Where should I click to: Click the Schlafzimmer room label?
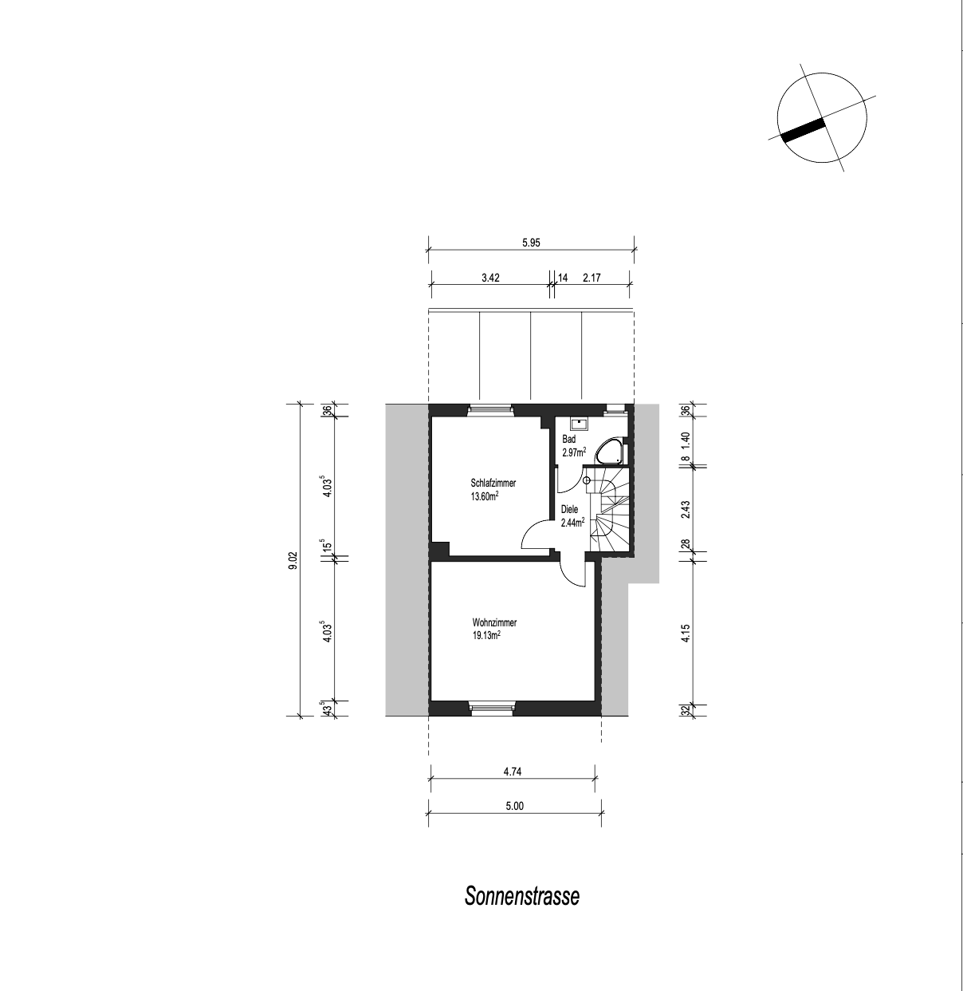coord(493,483)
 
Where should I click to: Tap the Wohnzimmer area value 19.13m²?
coord(486,635)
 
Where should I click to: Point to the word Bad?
coord(568,439)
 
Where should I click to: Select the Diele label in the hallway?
coord(569,509)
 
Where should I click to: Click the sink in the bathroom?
coord(579,423)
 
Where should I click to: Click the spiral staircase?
coord(609,509)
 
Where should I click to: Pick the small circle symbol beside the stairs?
coord(586,480)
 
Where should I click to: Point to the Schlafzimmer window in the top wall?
coord(490,408)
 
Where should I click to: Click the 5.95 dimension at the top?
coord(531,243)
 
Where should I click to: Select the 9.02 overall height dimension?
coord(293,560)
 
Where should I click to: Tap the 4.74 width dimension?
coord(513,772)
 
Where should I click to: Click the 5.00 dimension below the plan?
coord(515,806)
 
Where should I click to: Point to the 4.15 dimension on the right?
coord(686,633)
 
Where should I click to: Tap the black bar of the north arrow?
coord(802,130)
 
